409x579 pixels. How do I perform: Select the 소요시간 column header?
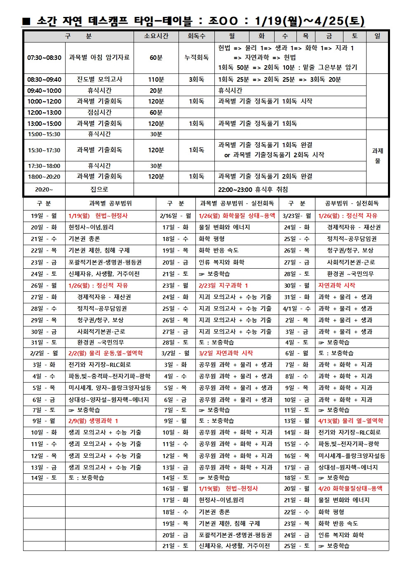pyautogui.click(x=156, y=36)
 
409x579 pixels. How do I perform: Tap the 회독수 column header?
pyautogui.click(x=196, y=36)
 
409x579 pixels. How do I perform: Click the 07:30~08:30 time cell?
pyautogui.click(x=44, y=58)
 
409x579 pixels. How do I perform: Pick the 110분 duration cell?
pyautogui.click(x=156, y=80)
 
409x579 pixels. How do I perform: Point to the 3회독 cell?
pyautogui.click(x=196, y=80)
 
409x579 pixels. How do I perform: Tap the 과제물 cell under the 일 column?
pyautogui.click(x=377, y=156)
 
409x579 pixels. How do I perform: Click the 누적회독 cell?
pyautogui.click(x=196, y=58)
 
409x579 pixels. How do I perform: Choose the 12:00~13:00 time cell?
pyautogui.click(x=44, y=112)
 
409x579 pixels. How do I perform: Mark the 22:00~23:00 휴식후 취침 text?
pyautogui.click(x=253, y=189)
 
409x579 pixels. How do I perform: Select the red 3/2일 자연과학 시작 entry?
pyautogui.click(x=226, y=353)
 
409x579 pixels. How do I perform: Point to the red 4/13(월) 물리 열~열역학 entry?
pyautogui.click(x=350, y=421)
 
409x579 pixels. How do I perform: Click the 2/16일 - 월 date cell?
pyautogui.click(x=176, y=215)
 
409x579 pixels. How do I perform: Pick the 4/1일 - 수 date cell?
pyautogui.click(x=296, y=308)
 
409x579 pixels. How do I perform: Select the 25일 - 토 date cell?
pyautogui.click(x=296, y=546)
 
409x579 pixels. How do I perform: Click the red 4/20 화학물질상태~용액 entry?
pyautogui.click(x=350, y=488)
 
